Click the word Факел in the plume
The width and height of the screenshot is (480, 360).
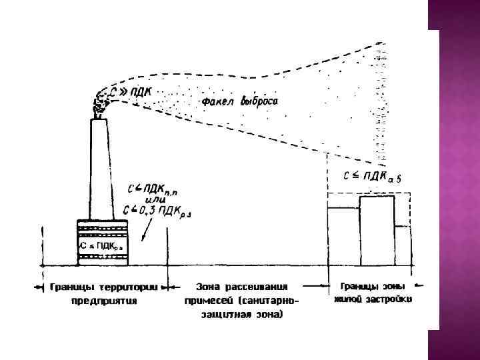[214, 102]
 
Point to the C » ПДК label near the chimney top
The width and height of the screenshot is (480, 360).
[132, 91]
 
